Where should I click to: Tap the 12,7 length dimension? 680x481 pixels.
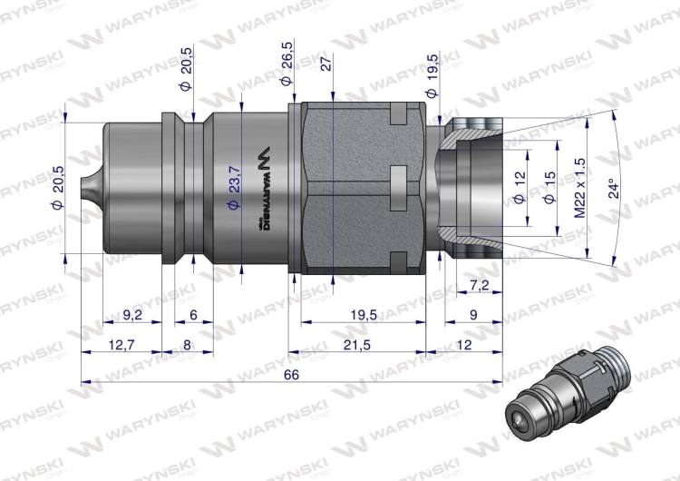(121, 344)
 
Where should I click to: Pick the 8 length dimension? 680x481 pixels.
(188, 344)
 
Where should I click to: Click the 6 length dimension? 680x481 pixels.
(193, 315)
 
